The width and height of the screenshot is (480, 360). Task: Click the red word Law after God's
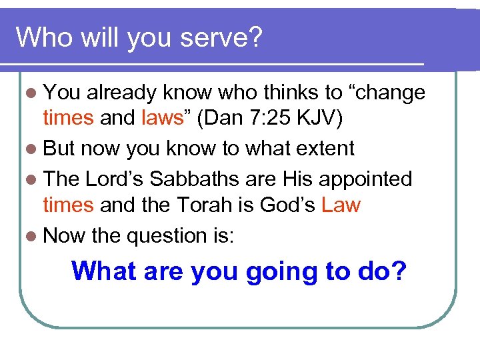[340, 205]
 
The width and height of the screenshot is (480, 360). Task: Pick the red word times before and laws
[68, 118]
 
